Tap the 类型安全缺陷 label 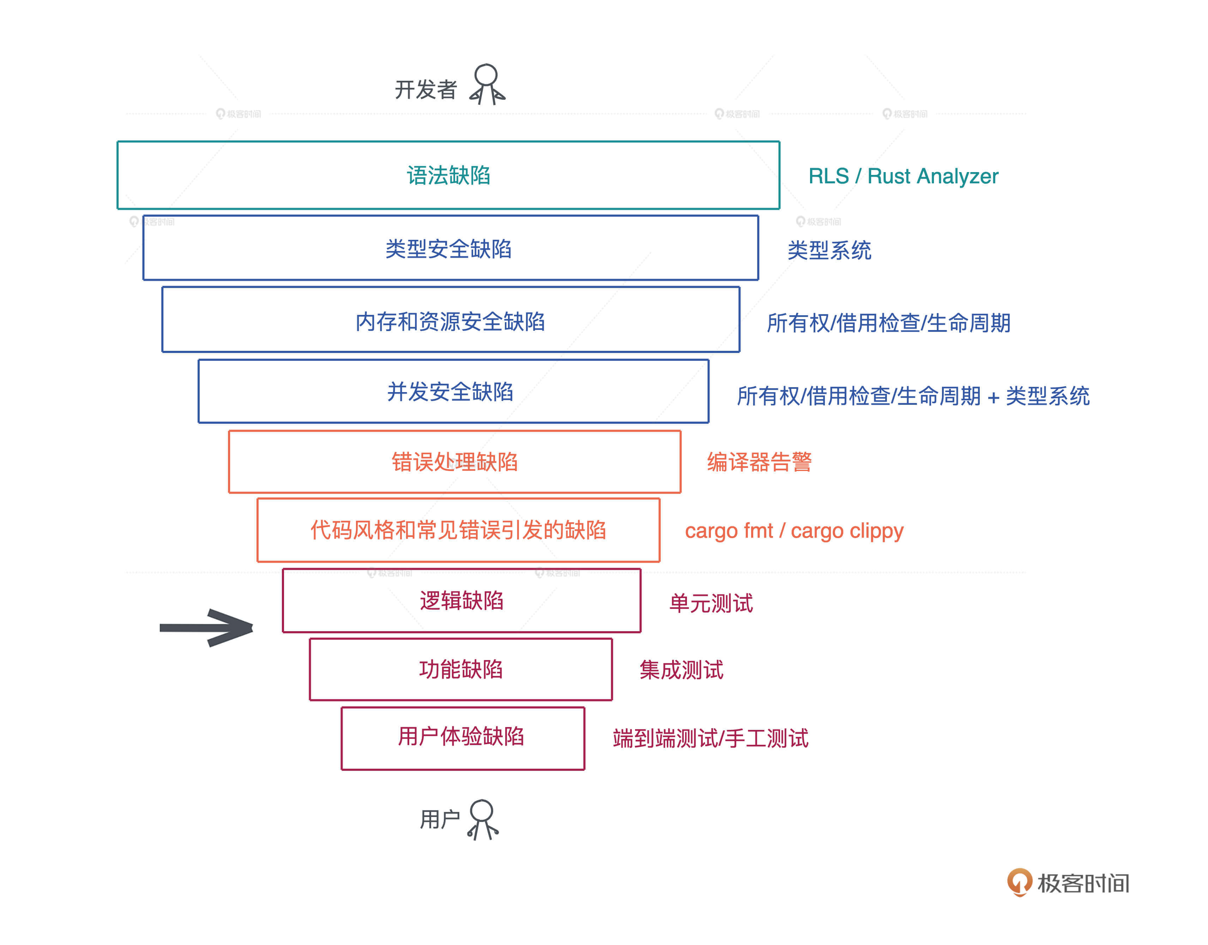coord(448,249)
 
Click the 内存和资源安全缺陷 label coord(450,322)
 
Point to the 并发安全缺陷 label coord(450,392)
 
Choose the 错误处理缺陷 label coord(454,462)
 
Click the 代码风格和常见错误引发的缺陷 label coord(458,530)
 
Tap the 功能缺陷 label coord(461,670)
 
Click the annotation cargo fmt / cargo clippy coord(794,531)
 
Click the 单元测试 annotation coord(711,603)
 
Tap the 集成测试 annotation coord(681,670)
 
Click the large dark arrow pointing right coord(207,627)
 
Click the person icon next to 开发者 coord(487,85)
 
